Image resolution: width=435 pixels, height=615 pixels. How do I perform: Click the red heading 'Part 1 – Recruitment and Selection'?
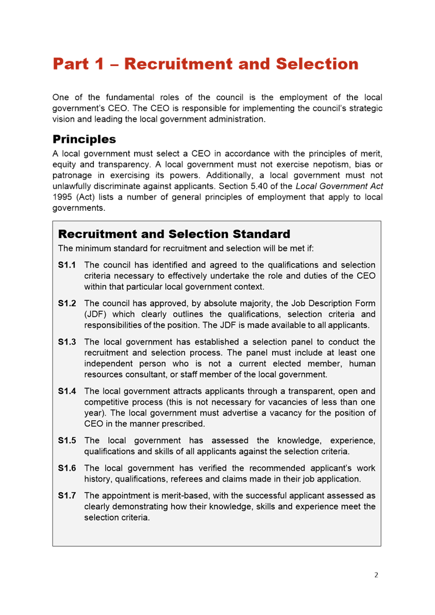pos(205,64)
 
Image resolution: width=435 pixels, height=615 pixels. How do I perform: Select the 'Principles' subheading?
pos(84,139)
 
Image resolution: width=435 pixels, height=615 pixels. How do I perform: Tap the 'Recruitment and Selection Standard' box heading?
pos(174,234)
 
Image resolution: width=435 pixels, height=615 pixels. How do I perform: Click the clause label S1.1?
pos(67,265)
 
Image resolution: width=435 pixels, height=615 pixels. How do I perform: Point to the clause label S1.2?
pos(67,303)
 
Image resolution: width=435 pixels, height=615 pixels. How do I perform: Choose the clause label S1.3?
pos(67,342)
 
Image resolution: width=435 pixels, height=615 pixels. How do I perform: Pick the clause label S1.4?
pos(67,391)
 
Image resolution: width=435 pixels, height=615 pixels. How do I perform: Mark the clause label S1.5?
pos(67,440)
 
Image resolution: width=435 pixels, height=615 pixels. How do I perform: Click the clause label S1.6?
pos(67,468)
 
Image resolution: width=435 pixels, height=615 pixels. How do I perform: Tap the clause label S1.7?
pos(67,495)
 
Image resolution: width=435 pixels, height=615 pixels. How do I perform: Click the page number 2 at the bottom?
pos(376,575)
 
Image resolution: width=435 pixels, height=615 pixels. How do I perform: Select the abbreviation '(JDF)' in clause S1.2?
pos(96,314)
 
